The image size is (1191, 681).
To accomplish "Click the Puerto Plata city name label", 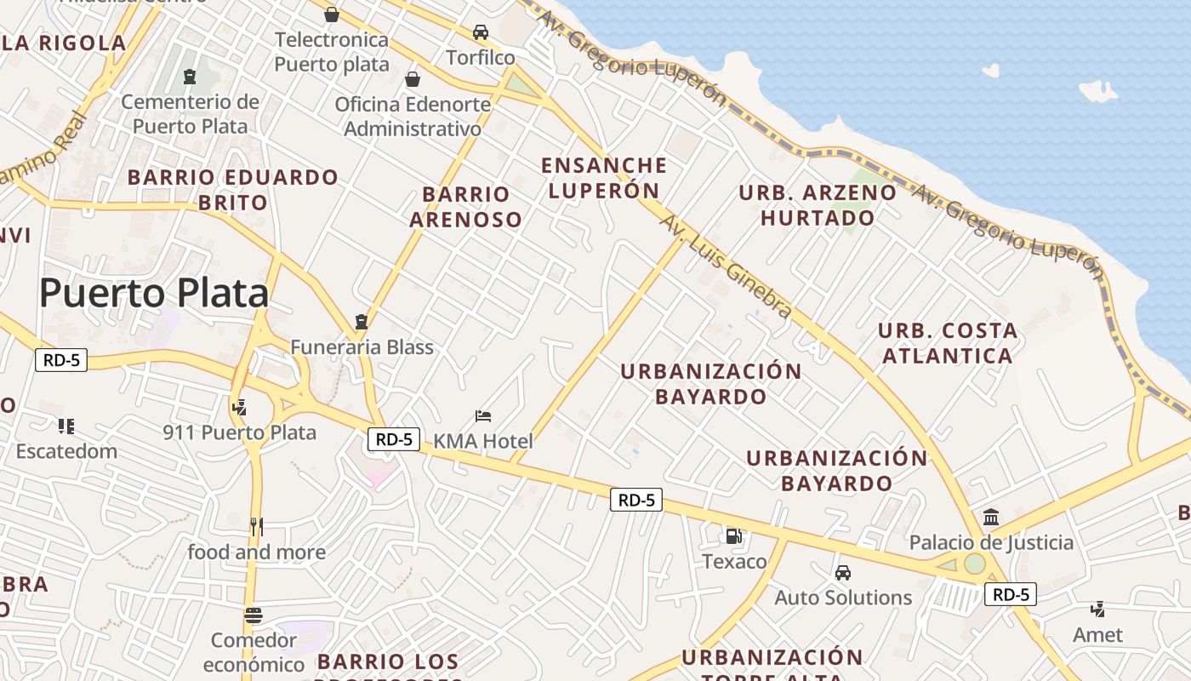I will [x=154, y=293].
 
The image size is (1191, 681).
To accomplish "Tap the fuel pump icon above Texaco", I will [x=733, y=536].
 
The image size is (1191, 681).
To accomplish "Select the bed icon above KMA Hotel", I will [x=483, y=416].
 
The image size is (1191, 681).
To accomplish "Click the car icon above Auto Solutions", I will [x=842, y=573].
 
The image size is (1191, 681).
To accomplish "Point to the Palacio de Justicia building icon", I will [x=990, y=518].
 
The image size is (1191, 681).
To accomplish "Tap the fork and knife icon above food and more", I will [x=256, y=527].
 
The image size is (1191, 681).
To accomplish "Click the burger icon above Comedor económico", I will [x=253, y=615].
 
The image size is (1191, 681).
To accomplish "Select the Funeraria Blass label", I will [x=362, y=347].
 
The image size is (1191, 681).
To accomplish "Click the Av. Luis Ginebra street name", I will [x=727, y=266].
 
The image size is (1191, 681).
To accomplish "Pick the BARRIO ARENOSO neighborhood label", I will [x=465, y=207].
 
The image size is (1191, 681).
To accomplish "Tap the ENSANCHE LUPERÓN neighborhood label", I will [x=604, y=177].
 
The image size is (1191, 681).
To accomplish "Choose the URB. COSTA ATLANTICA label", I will [x=947, y=343].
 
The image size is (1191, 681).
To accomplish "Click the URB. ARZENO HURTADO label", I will [x=817, y=205].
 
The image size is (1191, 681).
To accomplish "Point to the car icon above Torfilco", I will [x=481, y=32].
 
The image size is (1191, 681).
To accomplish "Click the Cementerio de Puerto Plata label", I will [x=190, y=114].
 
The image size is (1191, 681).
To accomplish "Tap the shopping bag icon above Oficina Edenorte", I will [x=413, y=79].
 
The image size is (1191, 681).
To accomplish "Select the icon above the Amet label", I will [x=1098, y=609].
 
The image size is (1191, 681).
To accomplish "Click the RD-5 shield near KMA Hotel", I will [x=395, y=439].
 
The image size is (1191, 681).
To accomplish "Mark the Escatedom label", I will [x=66, y=451].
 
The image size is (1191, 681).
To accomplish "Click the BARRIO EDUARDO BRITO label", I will [x=232, y=190].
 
